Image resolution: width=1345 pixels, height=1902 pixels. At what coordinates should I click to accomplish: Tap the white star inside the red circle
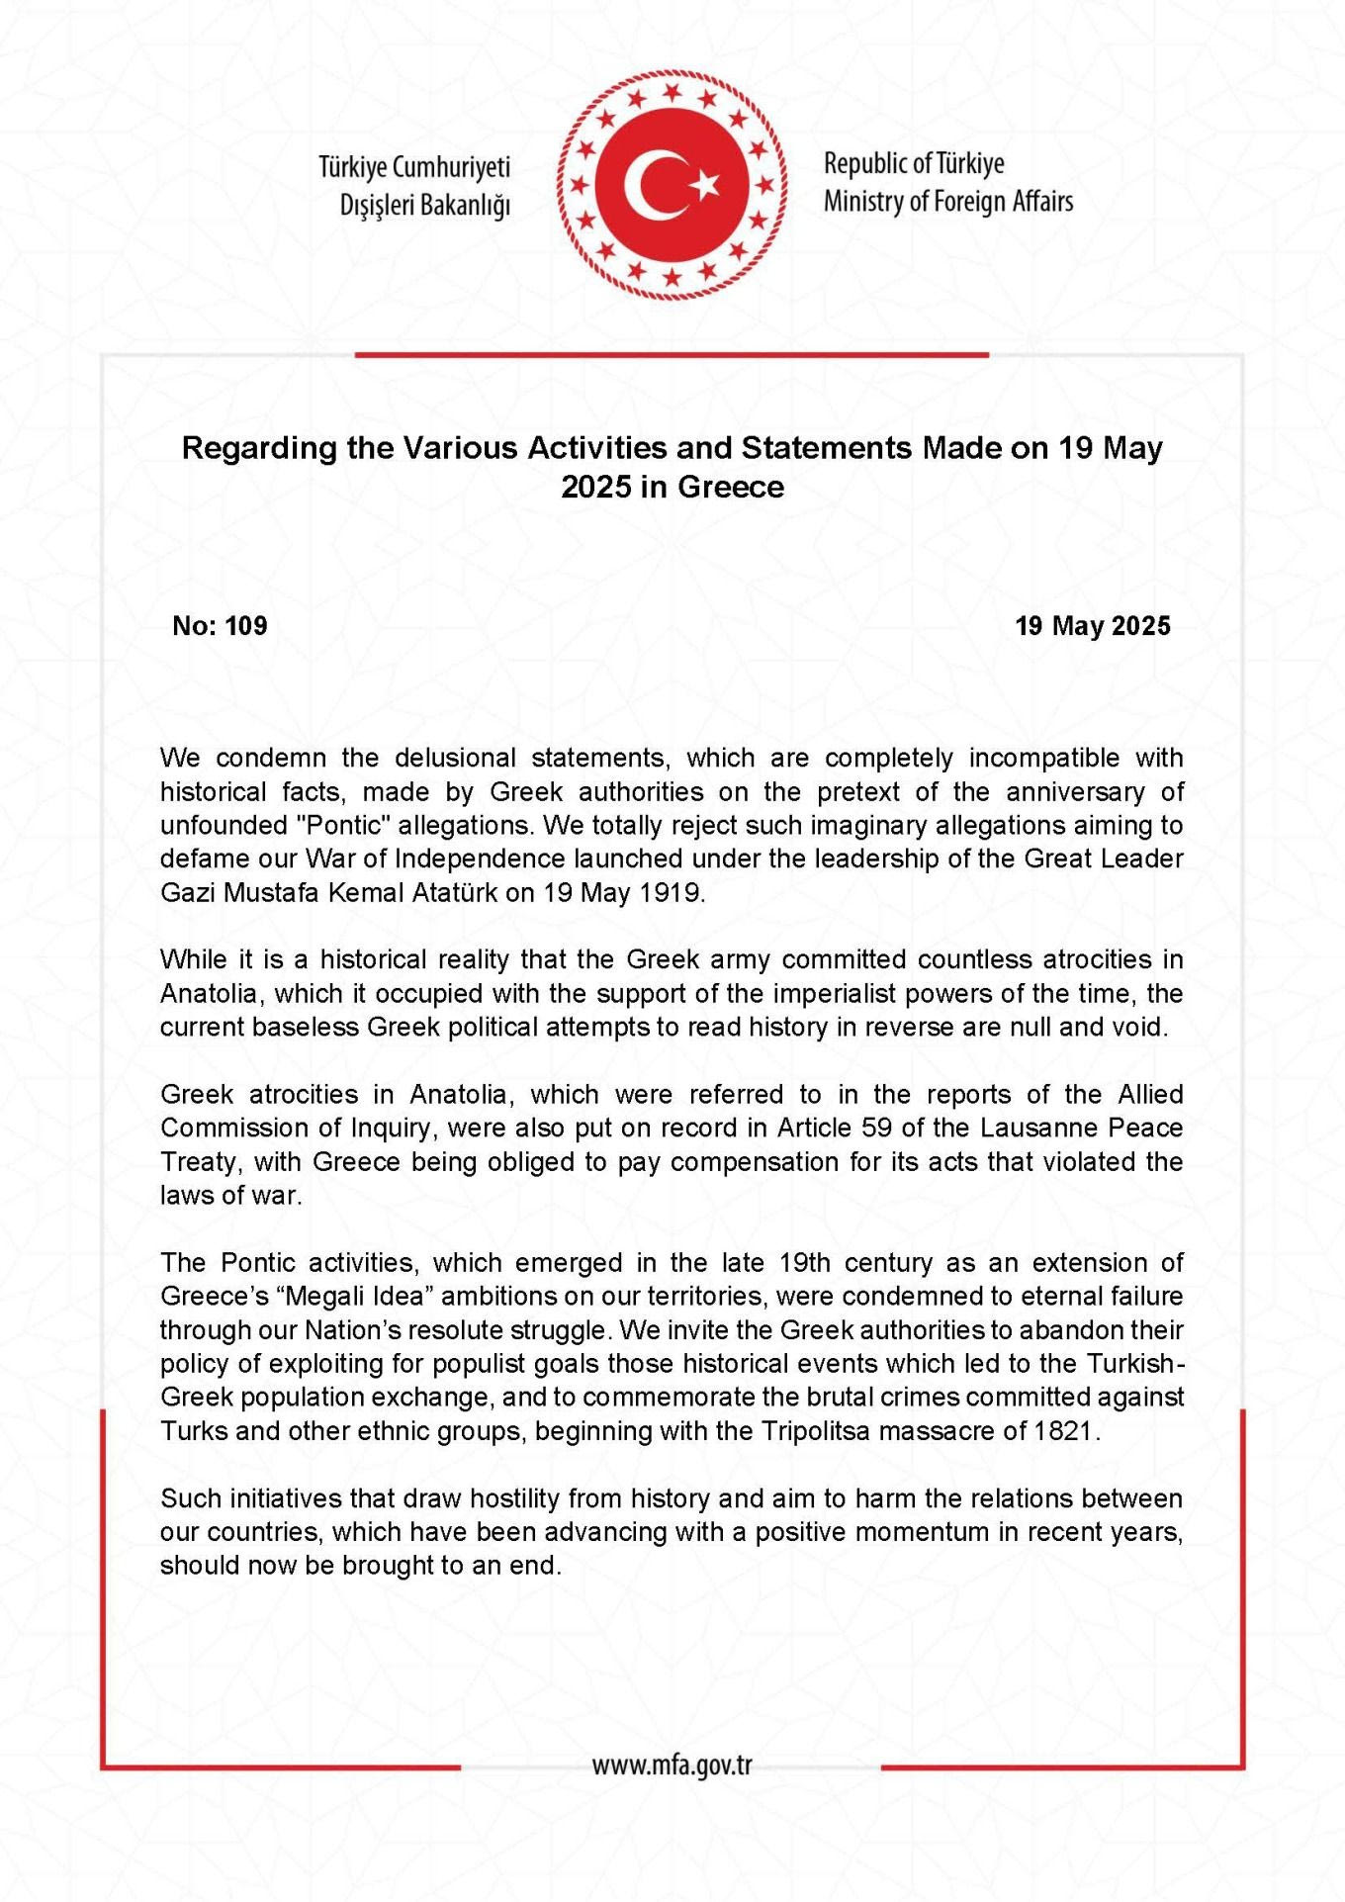(x=705, y=185)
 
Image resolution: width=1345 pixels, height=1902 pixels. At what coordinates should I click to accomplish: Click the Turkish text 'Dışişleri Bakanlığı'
(x=424, y=205)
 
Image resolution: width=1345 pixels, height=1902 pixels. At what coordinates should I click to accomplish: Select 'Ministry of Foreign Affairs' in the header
(x=947, y=202)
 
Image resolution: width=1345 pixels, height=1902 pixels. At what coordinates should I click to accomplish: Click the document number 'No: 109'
(x=220, y=626)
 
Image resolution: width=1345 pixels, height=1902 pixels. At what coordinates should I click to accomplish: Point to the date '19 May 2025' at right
(x=1092, y=626)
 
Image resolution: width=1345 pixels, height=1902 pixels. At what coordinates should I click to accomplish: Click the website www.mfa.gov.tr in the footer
(x=672, y=1766)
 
